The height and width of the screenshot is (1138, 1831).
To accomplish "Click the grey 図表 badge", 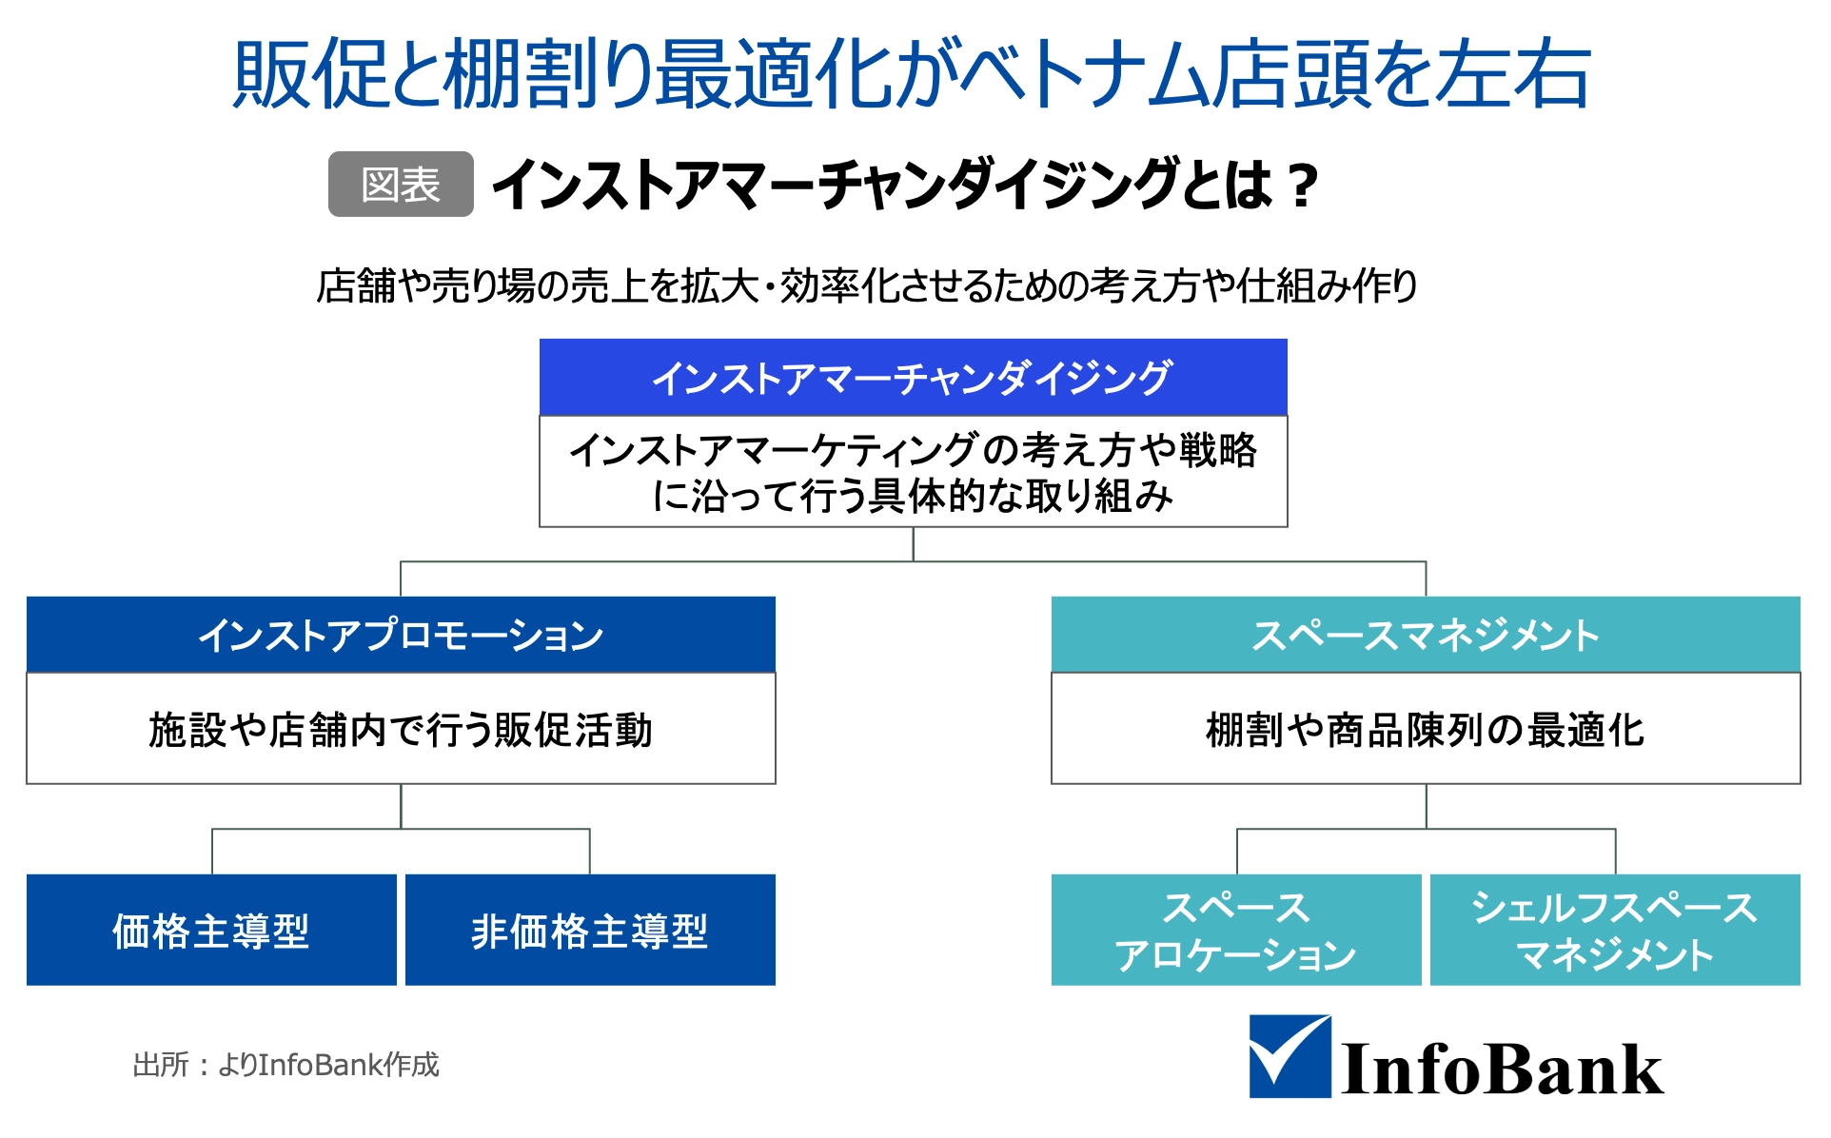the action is coord(401,184).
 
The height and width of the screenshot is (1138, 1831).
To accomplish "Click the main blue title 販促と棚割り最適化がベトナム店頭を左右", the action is coord(913,73).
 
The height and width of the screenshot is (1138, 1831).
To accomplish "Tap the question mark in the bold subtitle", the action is coord(1299,186).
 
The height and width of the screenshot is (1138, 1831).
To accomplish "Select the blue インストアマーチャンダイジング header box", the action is coord(914,377).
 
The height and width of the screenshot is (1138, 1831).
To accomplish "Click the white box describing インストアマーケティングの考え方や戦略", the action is coord(914,471).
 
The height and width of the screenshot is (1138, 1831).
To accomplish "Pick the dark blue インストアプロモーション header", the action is coord(401,635).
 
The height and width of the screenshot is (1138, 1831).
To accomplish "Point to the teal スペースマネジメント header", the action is coord(1426,635).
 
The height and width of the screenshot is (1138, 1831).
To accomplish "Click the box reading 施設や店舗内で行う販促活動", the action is coord(401,729).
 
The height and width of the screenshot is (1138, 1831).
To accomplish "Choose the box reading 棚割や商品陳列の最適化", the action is coord(1426,729).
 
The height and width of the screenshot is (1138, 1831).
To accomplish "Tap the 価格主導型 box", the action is coord(211,930).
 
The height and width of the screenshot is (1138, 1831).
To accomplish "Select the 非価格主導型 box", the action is coord(590,930).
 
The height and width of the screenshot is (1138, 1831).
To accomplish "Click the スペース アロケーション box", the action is coord(1236,930).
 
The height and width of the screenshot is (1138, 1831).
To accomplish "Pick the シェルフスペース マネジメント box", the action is coord(1615,930).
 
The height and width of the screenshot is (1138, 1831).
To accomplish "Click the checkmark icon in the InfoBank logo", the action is coord(1290,1057).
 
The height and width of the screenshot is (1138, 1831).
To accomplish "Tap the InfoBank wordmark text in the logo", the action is coord(1503,1069).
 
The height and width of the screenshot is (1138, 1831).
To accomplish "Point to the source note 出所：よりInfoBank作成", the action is coord(286,1064).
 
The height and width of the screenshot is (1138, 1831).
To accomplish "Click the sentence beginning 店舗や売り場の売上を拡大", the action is coord(867,285).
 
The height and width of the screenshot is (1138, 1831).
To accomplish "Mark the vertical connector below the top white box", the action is coord(914,544).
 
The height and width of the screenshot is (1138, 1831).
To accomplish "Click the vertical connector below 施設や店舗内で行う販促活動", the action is coord(401,806).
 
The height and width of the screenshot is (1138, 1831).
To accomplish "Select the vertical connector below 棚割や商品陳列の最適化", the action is coord(1426,806).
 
